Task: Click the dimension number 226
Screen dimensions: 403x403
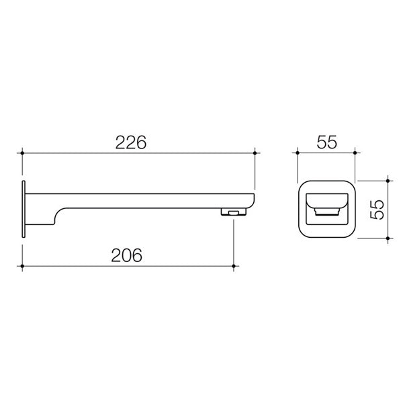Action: click(x=131, y=142)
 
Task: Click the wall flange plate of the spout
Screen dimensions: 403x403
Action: click(x=24, y=208)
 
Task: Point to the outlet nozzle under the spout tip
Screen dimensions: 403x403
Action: click(x=232, y=212)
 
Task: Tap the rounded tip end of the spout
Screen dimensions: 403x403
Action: click(x=252, y=200)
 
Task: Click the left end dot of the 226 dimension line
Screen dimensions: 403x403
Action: click(x=24, y=154)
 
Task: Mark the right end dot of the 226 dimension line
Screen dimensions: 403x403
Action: click(x=255, y=154)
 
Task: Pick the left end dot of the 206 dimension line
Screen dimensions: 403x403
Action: click(x=24, y=267)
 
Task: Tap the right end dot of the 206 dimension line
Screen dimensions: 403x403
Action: click(x=233, y=267)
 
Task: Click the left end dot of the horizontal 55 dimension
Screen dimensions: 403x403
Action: click(x=297, y=154)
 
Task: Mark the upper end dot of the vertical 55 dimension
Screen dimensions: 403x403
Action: click(x=388, y=179)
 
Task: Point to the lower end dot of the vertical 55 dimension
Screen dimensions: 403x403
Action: click(x=388, y=238)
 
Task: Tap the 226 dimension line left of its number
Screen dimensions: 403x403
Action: click(x=67, y=154)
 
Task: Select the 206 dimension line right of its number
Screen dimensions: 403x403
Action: click(x=188, y=267)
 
